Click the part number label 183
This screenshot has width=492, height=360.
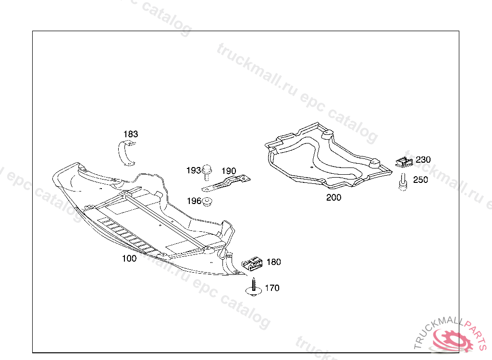[131, 134]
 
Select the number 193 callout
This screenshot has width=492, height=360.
[193, 170]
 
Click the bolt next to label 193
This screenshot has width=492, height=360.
[207, 171]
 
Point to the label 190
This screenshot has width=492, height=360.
[229, 171]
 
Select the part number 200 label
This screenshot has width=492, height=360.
[333, 197]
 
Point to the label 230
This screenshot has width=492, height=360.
[423, 160]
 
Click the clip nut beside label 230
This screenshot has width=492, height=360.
[405, 162]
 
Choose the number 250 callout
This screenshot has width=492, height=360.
[420, 180]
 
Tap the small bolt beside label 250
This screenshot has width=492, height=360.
[403, 183]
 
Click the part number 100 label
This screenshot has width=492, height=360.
[129, 258]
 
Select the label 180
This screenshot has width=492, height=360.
[273, 262]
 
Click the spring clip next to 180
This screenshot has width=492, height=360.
[251, 263]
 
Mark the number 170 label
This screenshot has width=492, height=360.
[272, 288]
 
